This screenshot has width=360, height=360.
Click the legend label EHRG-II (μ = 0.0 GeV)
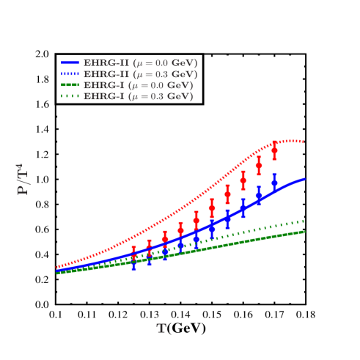[140, 63]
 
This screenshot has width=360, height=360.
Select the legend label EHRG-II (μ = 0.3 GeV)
[140, 74]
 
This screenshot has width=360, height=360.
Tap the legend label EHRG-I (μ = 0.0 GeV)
[139, 85]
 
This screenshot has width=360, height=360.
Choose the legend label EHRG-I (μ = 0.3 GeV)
[139, 96]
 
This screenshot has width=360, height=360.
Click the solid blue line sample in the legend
[70, 63]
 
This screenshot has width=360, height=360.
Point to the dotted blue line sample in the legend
[70, 74]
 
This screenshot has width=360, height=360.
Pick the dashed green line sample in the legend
[70, 85]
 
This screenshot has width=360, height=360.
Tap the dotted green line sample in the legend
[70, 96]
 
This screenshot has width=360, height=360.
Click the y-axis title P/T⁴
[23, 179]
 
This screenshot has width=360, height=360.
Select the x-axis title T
[161, 328]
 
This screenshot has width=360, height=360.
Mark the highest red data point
[274, 150]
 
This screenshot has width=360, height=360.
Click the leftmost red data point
[133, 254]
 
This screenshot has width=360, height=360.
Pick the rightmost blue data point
[274, 183]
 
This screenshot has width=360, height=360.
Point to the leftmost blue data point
[133, 262]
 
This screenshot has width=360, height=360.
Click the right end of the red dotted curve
[303, 142]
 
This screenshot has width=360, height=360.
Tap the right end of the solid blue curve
[304, 179]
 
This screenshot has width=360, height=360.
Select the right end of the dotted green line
[304, 221]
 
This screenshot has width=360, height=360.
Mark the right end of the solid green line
[304, 232]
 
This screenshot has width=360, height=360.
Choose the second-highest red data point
[259, 166]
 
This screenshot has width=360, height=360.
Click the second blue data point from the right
[259, 196]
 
